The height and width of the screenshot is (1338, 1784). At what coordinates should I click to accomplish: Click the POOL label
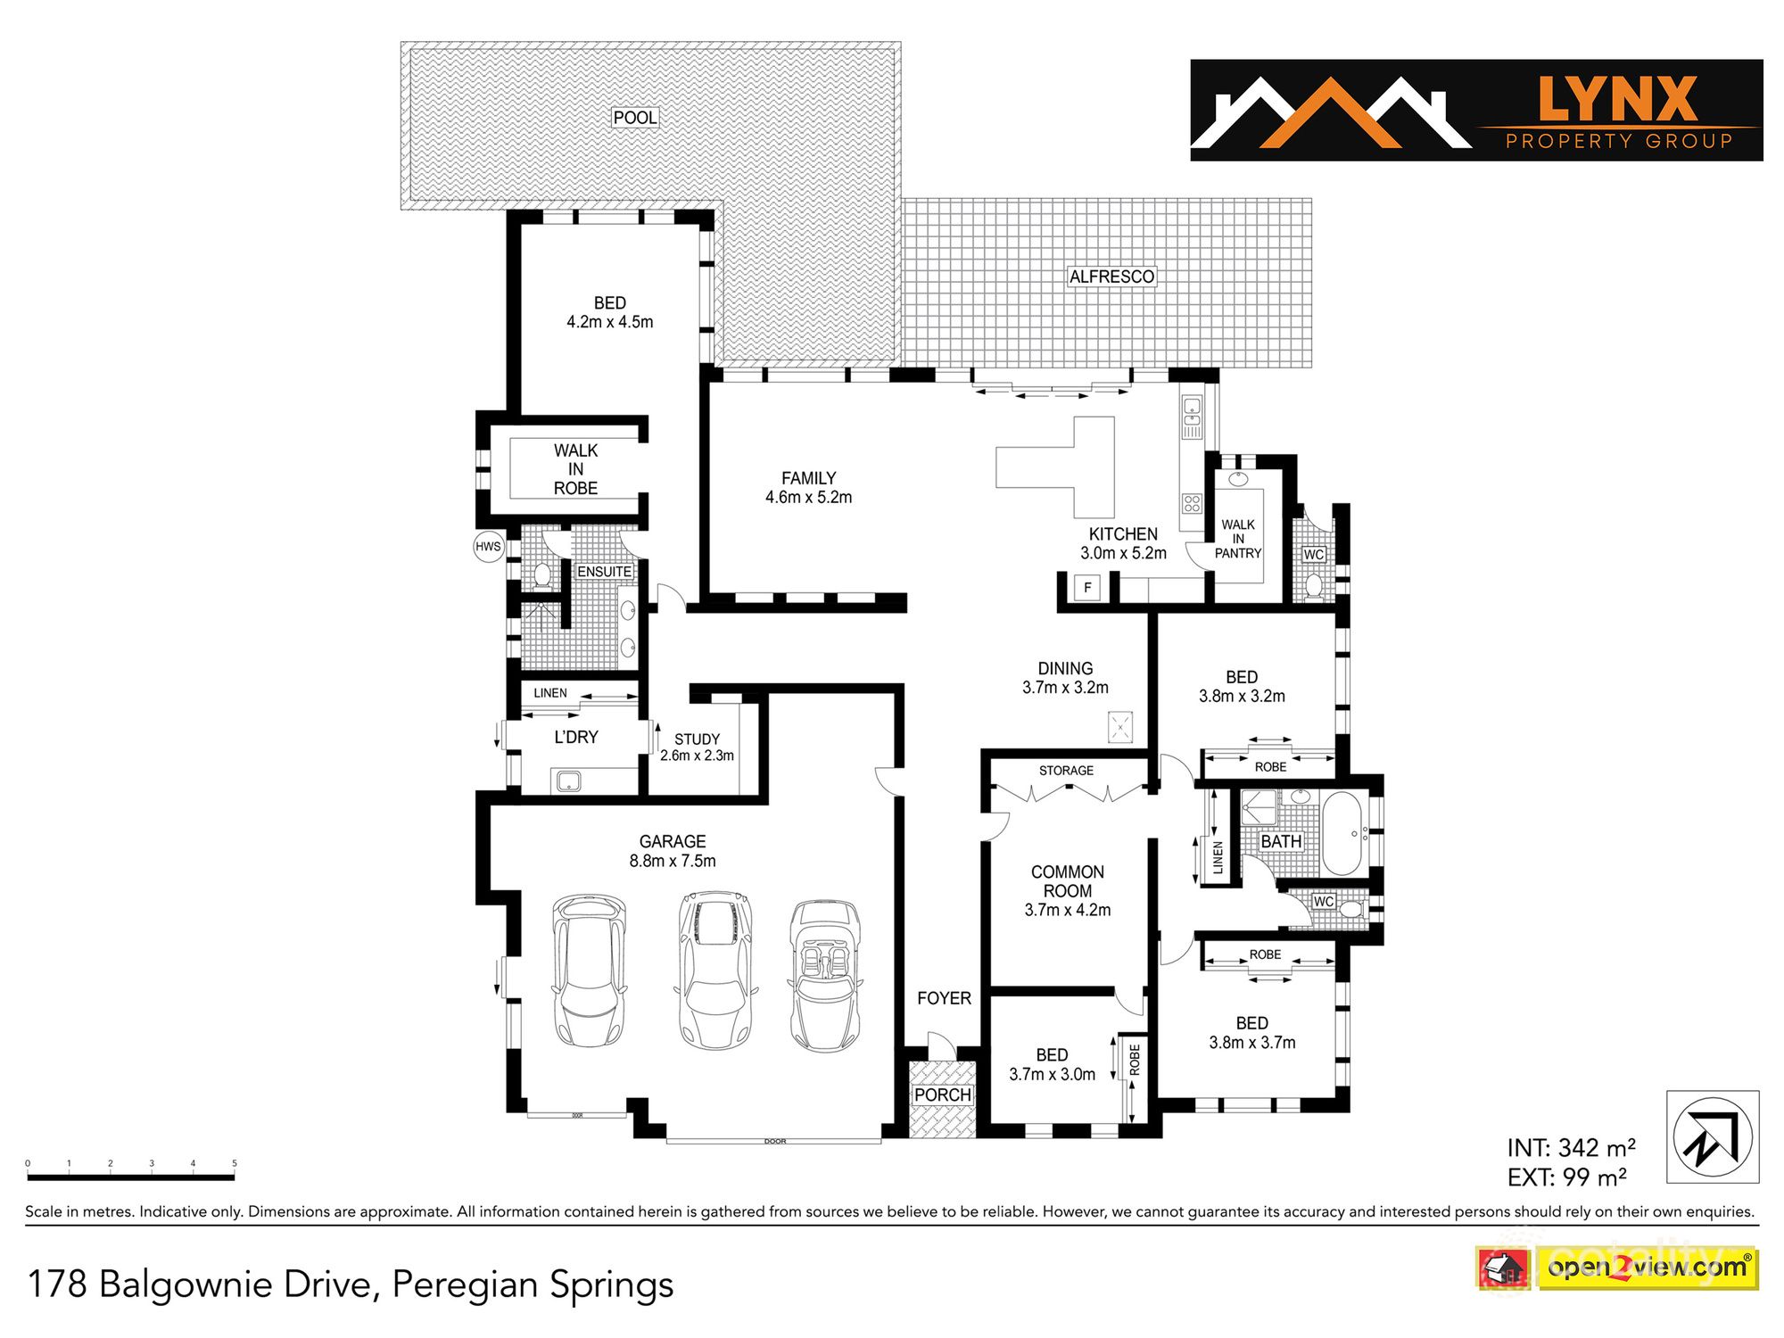pyautogui.click(x=634, y=117)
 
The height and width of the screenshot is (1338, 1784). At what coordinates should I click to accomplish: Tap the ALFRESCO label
pyautogui.click(x=1111, y=277)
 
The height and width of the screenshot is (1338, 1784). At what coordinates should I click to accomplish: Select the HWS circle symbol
pyautogui.click(x=488, y=547)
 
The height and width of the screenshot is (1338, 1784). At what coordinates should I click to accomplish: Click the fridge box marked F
pyautogui.click(x=1087, y=588)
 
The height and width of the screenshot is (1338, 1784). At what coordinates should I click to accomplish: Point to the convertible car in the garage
pyautogui.click(x=826, y=975)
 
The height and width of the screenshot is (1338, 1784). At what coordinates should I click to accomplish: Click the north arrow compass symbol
pyautogui.click(x=1713, y=1136)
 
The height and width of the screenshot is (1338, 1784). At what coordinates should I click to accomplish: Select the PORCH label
pyautogui.click(x=942, y=1094)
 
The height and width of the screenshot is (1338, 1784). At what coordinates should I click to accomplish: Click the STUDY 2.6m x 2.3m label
pyautogui.click(x=697, y=747)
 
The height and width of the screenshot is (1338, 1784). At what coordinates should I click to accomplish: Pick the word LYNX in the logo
pyautogui.click(x=1617, y=99)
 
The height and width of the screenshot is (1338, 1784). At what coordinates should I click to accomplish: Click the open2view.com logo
pyautogui.click(x=1647, y=1268)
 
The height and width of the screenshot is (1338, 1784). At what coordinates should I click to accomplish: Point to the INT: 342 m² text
pyautogui.click(x=1571, y=1148)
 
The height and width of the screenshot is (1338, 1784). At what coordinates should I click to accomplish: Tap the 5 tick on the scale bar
pyautogui.click(x=235, y=1164)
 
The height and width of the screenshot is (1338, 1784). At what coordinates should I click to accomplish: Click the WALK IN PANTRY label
pyautogui.click(x=1238, y=539)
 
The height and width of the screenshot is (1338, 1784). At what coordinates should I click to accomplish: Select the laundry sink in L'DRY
pyautogui.click(x=568, y=782)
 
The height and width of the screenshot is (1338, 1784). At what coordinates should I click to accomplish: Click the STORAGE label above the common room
pyautogui.click(x=1066, y=770)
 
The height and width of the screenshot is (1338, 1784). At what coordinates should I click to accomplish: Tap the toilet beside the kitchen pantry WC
pyautogui.click(x=1313, y=585)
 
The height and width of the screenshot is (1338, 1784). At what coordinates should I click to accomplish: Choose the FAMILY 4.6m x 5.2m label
pyautogui.click(x=808, y=488)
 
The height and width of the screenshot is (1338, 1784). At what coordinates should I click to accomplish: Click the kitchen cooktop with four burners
pyautogui.click(x=1193, y=503)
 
